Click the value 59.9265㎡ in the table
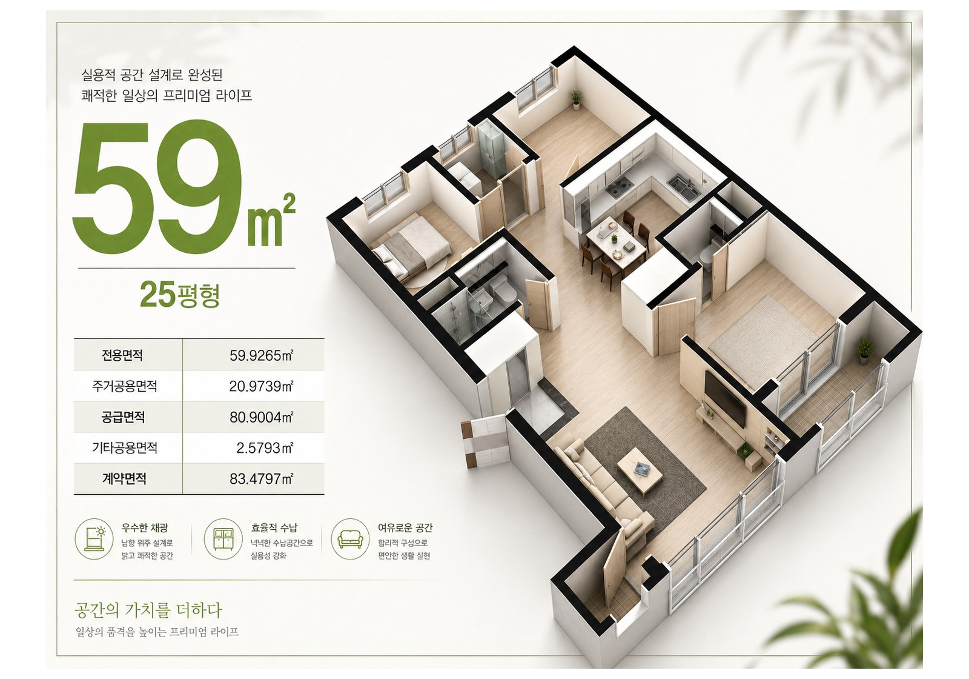(x=261, y=355)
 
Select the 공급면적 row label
(x=124, y=417)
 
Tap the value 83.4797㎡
(x=261, y=479)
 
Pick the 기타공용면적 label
(x=125, y=448)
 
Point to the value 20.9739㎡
(x=261, y=386)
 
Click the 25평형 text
(x=180, y=295)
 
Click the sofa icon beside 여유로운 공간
(x=351, y=539)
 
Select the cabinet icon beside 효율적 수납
(x=223, y=539)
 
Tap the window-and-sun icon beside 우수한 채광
(x=94, y=539)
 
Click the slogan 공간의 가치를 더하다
(x=148, y=610)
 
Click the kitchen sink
(x=683, y=187)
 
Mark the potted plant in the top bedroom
(x=575, y=99)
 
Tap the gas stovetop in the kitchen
(x=620, y=187)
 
